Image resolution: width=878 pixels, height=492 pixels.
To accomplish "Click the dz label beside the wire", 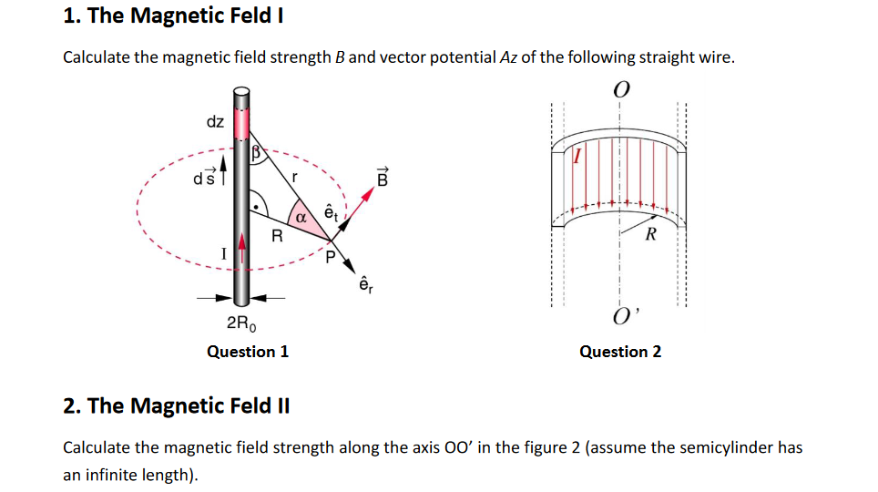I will point(216,121).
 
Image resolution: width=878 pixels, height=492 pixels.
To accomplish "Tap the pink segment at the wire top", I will point(241,122).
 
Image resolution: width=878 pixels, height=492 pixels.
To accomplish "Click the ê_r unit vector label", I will point(365,284).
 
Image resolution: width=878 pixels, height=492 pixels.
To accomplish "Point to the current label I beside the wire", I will point(222,253).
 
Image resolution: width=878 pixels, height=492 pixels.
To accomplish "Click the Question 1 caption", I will point(248,352).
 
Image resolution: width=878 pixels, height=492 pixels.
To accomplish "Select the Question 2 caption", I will point(620,352).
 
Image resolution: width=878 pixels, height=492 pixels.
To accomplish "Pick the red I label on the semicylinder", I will point(576,156).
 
